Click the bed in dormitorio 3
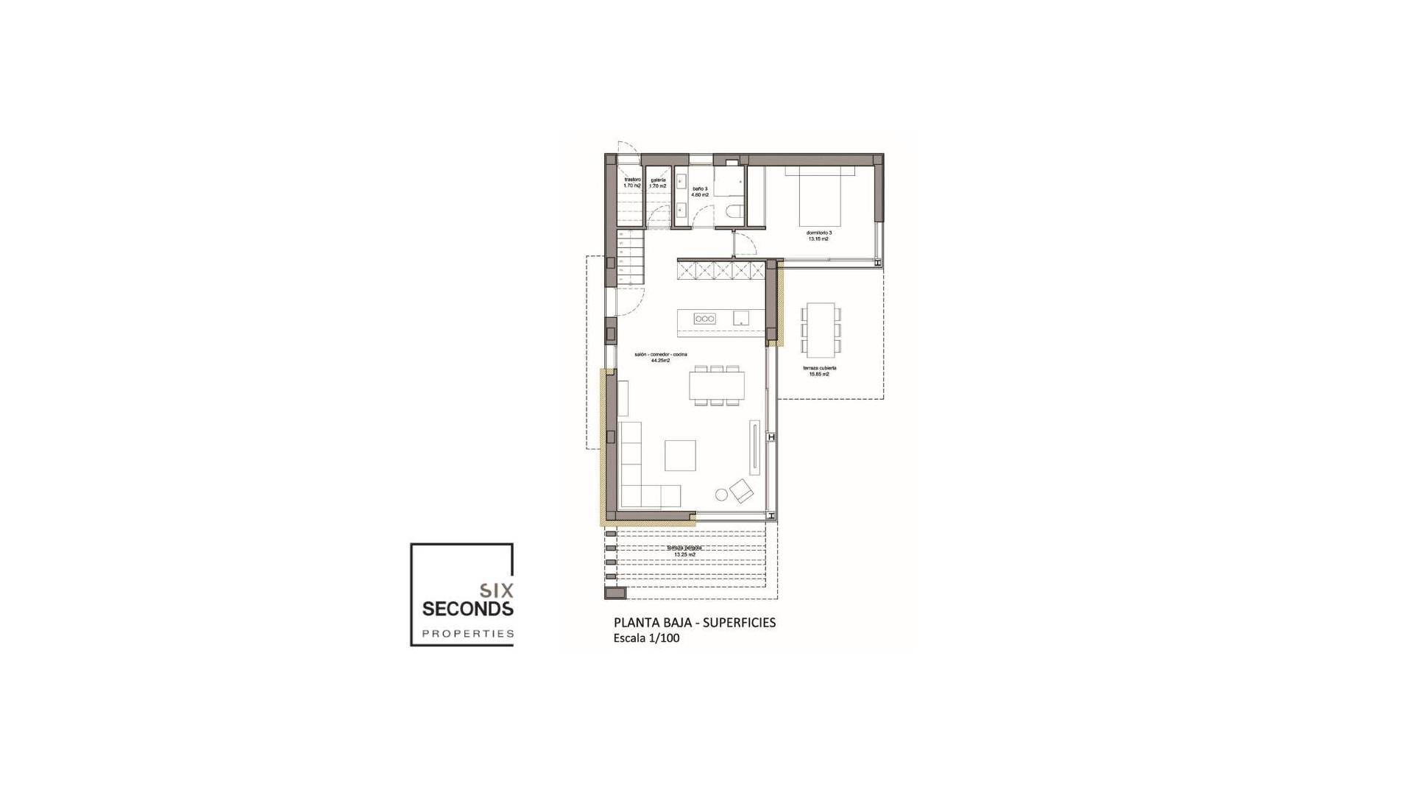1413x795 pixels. pos(820,196)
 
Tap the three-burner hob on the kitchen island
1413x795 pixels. pos(704,319)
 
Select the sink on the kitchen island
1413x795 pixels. pos(740,318)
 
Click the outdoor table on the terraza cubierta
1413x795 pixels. pos(821,329)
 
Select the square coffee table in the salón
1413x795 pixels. pos(680,455)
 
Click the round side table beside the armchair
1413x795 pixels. pos(721,495)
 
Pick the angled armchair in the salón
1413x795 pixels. pos(742,490)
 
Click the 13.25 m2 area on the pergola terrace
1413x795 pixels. pos(684,554)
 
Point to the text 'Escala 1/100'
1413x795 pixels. pos(646,638)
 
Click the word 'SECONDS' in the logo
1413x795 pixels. pos(467,609)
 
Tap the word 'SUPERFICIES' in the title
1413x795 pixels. pos(739,623)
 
